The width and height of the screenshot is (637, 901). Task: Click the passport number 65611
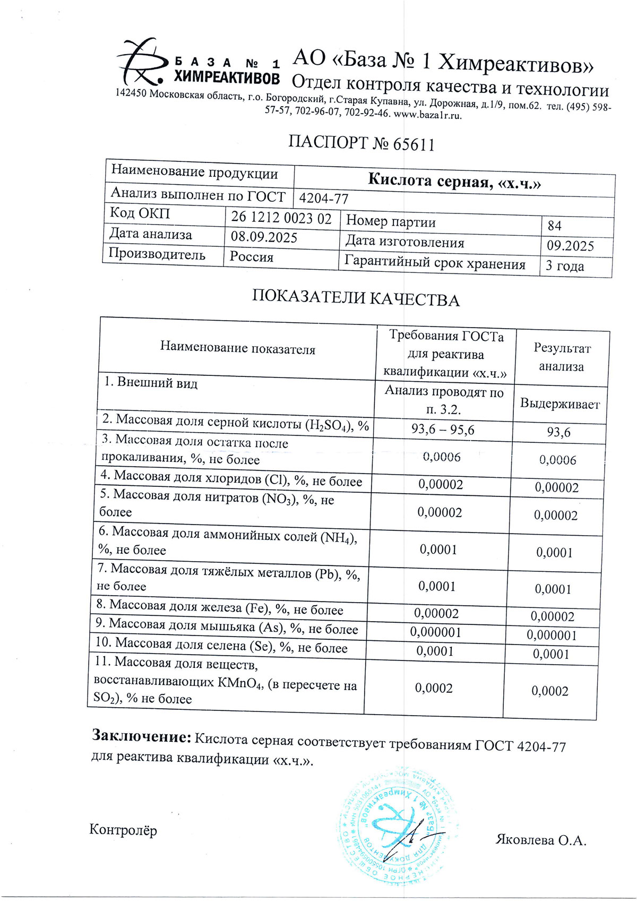pos(414,144)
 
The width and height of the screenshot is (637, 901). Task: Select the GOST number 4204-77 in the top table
pos(324,199)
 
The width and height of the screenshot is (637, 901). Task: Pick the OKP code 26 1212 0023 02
pos(281,218)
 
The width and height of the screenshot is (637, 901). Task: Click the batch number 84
pos(555,226)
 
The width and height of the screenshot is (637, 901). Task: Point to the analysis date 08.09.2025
pos(264,237)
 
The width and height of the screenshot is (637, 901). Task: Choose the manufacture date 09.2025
pos(570,246)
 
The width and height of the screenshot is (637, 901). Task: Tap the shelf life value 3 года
pos(565,266)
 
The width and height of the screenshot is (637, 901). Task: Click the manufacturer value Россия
pos(252,257)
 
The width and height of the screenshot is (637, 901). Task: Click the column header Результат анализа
pos(562,357)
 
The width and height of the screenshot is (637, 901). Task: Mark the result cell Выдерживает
pos(560,404)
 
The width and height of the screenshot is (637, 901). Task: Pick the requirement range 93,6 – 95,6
pos(443,430)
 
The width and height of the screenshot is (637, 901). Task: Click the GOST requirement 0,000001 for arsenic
pos(436,632)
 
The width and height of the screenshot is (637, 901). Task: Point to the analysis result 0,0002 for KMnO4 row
pos(550,691)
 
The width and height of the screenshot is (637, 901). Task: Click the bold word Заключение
pos(141,736)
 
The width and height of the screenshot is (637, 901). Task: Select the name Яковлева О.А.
pos(541,840)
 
